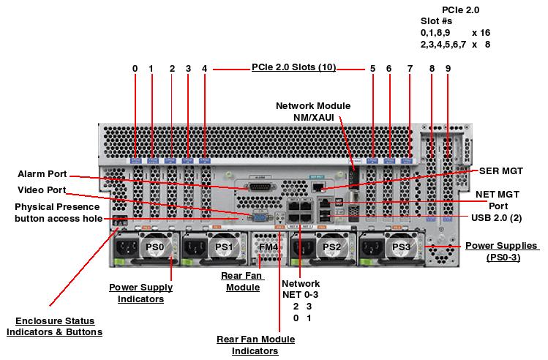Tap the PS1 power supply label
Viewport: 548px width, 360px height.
224,248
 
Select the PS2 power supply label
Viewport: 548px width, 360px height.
331,248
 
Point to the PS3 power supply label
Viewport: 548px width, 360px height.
400,248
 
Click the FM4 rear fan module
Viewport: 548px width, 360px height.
269,247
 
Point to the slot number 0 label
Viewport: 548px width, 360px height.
135,69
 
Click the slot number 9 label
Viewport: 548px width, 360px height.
448,69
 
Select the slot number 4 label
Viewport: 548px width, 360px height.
205,69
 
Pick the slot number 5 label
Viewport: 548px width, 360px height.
372,69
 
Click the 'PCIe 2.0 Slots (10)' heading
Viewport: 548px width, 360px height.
293,67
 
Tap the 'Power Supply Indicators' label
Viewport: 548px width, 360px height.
136,293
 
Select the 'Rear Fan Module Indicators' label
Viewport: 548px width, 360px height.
256,345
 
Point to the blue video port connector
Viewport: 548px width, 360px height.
259,216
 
